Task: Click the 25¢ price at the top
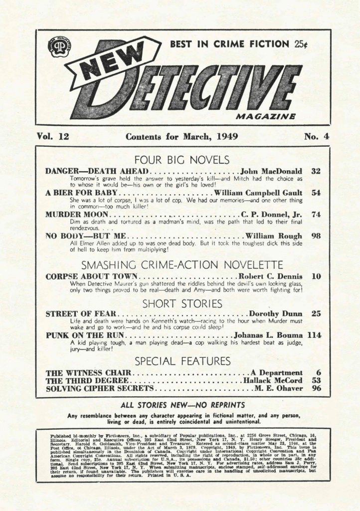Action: [x=300, y=44]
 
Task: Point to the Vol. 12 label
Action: [x=52, y=136]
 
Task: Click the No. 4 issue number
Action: [x=316, y=136]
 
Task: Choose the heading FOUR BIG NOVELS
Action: [x=182, y=160]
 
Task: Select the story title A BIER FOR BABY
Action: [x=81, y=193]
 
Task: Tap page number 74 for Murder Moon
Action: [x=315, y=214]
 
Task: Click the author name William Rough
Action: [x=273, y=236]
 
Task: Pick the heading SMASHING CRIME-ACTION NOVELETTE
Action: [x=182, y=264]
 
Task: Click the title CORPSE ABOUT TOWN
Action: [x=91, y=276]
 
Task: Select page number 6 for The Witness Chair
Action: [x=317, y=372]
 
